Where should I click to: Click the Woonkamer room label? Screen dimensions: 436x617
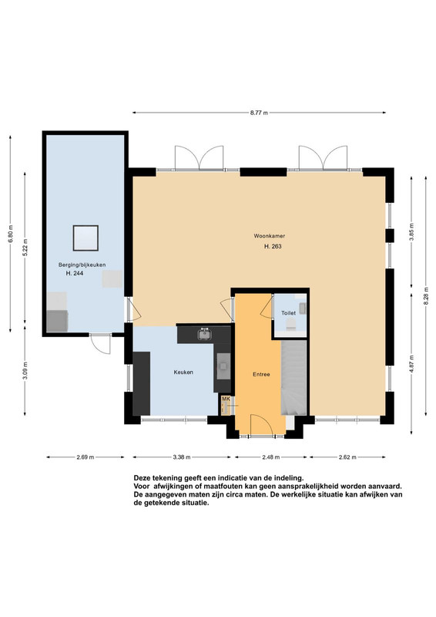[270, 236]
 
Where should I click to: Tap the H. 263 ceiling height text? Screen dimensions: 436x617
[273, 247]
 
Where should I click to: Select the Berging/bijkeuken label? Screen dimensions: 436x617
[82, 265]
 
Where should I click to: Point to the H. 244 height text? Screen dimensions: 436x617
[75, 273]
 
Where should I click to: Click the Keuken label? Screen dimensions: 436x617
[183, 372]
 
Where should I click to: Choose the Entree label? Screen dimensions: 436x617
[261, 374]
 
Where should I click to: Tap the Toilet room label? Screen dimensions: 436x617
[288, 313]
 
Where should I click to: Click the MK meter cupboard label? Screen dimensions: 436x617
[225, 399]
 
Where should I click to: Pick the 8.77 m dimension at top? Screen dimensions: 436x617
[259, 113]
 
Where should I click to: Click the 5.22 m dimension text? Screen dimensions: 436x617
[25, 248]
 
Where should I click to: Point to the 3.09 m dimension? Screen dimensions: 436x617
[25, 370]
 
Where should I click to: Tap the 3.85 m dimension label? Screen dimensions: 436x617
[411, 232]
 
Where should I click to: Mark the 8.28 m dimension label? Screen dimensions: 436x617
[426, 295]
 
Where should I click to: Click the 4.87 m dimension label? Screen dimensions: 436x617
[411, 363]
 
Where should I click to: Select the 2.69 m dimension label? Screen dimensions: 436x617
[86, 457]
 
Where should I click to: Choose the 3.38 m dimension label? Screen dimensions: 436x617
[182, 457]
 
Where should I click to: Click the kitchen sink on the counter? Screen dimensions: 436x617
[204, 334]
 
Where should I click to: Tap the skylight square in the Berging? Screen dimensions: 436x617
[86, 238]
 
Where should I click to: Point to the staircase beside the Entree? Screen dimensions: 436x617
[293, 378]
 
